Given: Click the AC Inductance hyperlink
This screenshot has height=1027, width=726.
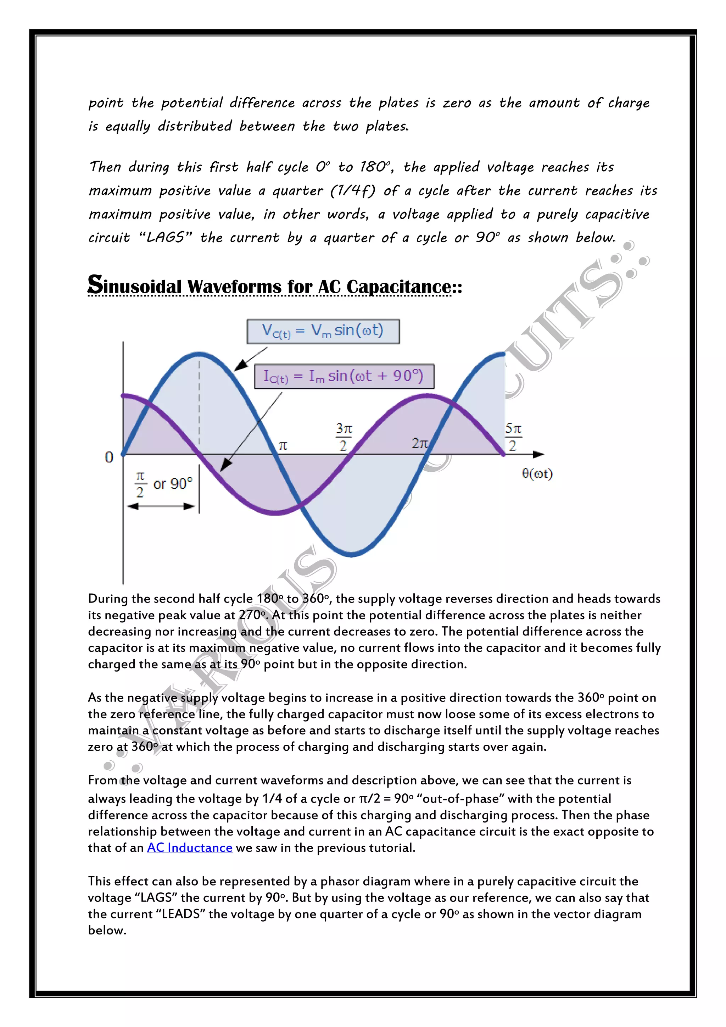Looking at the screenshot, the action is pyautogui.click(x=190, y=848).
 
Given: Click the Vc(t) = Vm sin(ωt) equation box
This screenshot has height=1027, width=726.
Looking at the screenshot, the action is pyautogui.click(x=323, y=331).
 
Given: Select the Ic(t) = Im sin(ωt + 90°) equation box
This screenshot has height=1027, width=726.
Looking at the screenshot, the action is pyautogui.click(x=344, y=376).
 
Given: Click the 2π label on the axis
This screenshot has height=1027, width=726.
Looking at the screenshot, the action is pyautogui.click(x=419, y=443).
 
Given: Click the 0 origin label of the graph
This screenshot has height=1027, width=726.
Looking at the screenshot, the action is pyautogui.click(x=109, y=457).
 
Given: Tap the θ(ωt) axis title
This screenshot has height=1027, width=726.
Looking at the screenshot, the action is pyautogui.click(x=537, y=474).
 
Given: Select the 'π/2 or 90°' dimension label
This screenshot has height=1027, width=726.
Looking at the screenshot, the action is pyautogui.click(x=163, y=484).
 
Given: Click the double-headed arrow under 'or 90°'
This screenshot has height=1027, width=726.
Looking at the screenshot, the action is pyautogui.click(x=161, y=506).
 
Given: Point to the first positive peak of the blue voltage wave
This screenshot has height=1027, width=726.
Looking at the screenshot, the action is pyautogui.click(x=199, y=354).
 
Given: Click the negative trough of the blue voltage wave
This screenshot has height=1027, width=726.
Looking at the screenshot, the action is pyautogui.click(x=351, y=555).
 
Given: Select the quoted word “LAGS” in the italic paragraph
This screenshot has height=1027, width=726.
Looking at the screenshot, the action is pyautogui.click(x=166, y=237).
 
